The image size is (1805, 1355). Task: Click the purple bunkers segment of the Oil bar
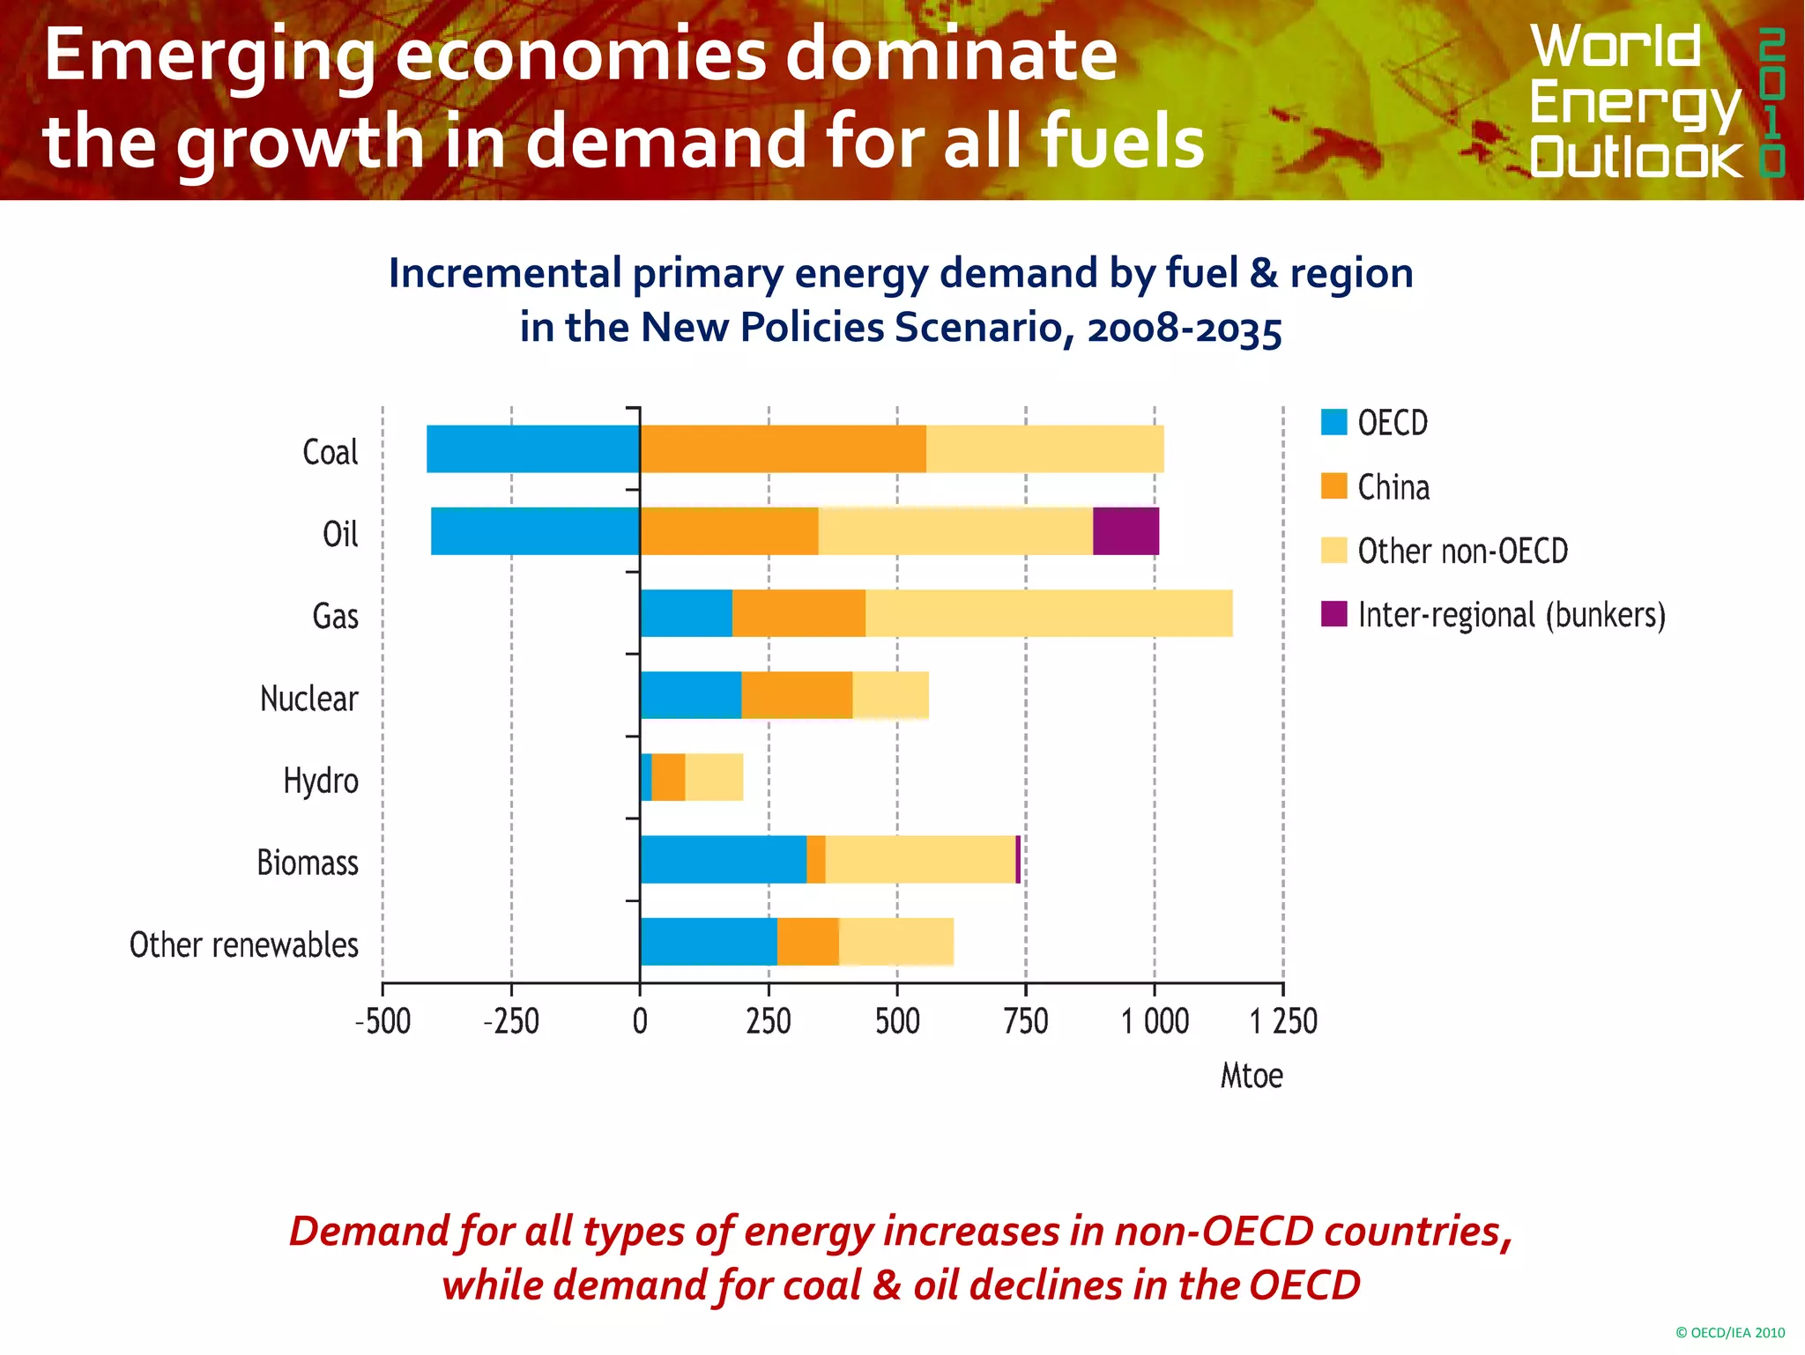coord(1125,531)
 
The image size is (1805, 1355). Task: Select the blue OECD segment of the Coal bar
coord(532,449)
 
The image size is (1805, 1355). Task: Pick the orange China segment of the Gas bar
coord(798,613)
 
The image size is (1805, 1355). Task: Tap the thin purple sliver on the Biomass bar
coord(1018,860)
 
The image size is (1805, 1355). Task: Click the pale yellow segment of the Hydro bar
coord(713,777)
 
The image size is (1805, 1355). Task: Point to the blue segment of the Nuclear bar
coord(690,695)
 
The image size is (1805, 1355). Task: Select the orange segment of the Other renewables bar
coord(807,942)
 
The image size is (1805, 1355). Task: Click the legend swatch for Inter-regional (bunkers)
coord(1333,614)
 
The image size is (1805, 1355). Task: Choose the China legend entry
coord(1393,487)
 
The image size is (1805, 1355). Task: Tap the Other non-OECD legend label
coord(1462,552)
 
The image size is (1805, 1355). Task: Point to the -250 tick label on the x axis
coord(511,1022)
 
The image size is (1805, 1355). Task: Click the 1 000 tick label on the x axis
coord(1155,1022)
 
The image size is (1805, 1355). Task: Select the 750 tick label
coord(1026,1022)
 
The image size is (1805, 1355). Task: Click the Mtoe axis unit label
coord(1251,1076)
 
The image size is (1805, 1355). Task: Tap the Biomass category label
coord(308,863)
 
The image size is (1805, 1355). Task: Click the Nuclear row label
coord(308,699)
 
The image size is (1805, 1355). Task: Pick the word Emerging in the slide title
coord(209,57)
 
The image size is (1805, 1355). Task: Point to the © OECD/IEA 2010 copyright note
coord(1729,1333)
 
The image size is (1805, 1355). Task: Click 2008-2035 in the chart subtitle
coord(1184,328)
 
